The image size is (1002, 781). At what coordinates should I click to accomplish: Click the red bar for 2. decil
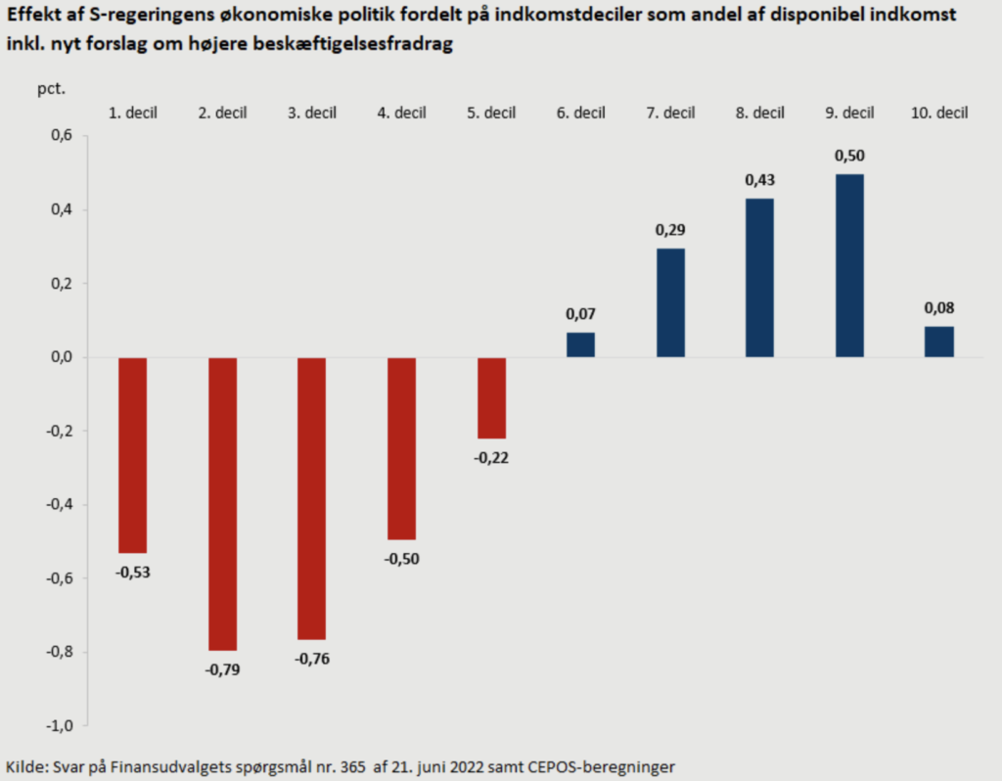click(222, 504)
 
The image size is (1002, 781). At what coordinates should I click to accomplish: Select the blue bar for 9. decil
click(849, 265)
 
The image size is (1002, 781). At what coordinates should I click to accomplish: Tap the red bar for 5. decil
click(491, 397)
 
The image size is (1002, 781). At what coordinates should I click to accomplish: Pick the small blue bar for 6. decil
click(580, 345)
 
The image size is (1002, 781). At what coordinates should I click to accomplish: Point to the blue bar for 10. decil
click(939, 342)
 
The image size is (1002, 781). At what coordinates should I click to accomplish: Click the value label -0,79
click(222, 670)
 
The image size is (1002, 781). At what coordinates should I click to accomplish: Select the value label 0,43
click(759, 180)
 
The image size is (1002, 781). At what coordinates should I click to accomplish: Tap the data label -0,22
click(491, 457)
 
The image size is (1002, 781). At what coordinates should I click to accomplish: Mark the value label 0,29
click(670, 231)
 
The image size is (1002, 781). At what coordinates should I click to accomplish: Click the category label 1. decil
click(133, 113)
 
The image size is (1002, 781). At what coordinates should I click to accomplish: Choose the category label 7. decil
click(670, 113)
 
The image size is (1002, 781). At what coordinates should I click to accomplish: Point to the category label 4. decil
click(401, 113)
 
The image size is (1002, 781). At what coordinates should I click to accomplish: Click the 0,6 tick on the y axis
click(61, 136)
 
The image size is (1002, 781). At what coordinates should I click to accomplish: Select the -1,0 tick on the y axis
click(59, 725)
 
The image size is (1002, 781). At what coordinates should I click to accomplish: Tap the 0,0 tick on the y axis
click(61, 357)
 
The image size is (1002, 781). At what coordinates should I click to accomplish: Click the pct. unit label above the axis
click(52, 88)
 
